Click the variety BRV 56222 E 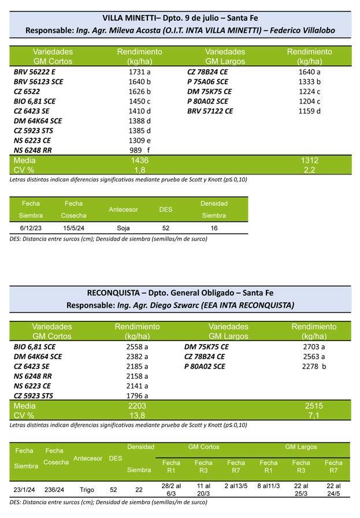(35, 72)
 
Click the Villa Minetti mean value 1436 (140, 160)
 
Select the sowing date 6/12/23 (31, 228)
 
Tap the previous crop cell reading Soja (123, 228)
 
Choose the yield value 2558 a (137, 347)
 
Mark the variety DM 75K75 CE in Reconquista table (206, 347)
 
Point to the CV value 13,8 (137, 416)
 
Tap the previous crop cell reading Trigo (87, 490)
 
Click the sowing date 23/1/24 (24, 490)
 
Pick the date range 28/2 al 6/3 (171, 489)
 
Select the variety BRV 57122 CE (210, 111)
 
